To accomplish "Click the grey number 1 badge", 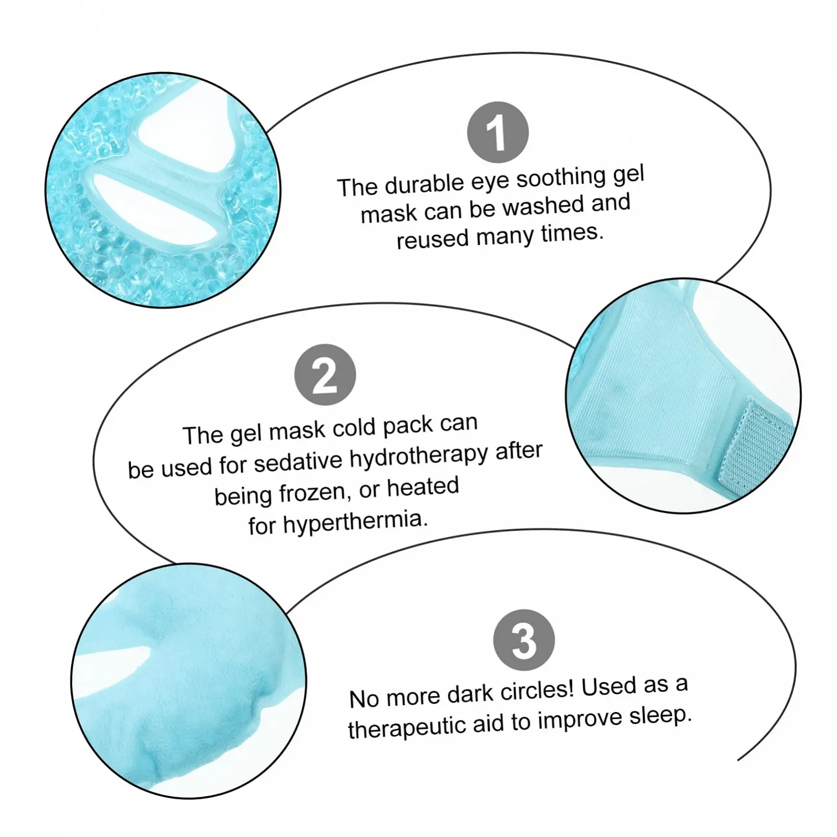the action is pos(497,132).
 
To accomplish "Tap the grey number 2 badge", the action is pos(325,375).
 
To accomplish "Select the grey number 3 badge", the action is pos(524,640).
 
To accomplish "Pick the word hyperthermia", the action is pos(355,522).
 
